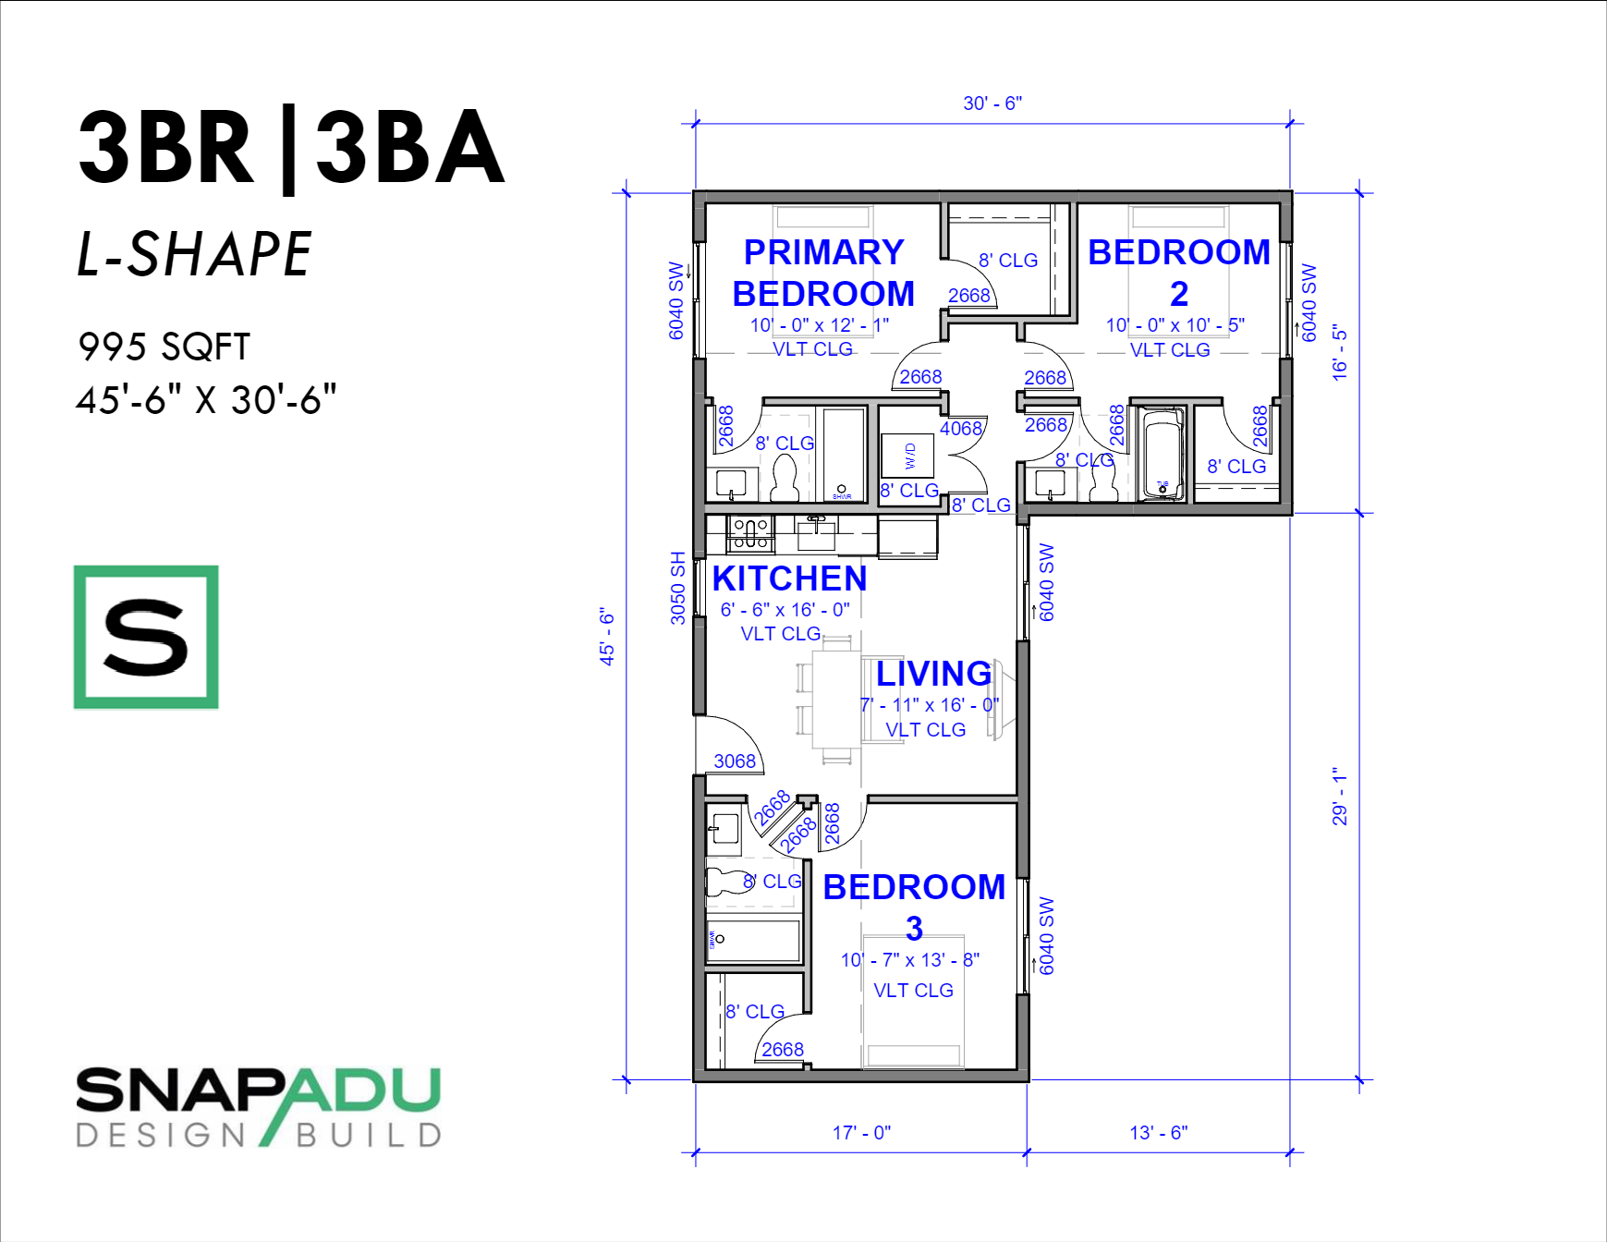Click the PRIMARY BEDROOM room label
[x=823, y=273]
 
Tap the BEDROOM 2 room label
[x=1178, y=273]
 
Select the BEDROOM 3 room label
[x=914, y=907]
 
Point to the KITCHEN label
[x=789, y=578]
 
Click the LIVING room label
[x=933, y=674]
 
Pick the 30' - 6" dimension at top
[x=992, y=103]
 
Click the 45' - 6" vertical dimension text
[x=606, y=637]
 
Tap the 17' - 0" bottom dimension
[x=861, y=1132]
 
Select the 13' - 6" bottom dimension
[x=1158, y=1132]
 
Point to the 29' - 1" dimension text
[x=1340, y=796]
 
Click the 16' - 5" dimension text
[x=1340, y=352]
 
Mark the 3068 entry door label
[x=735, y=761]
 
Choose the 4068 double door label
[x=961, y=429]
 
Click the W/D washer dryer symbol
[x=907, y=455]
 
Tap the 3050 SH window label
[x=677, y=588]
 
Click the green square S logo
[x=146, y=637]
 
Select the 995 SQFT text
[x=164, y=347]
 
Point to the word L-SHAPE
[x=194, y=254]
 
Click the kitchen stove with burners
[x=750, y=534]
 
